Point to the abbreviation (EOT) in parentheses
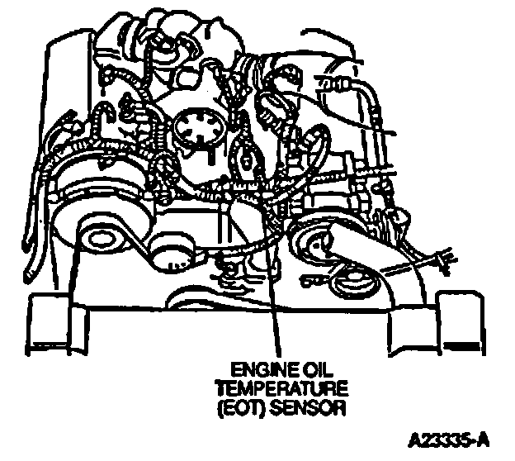click(x=235, y=406)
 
